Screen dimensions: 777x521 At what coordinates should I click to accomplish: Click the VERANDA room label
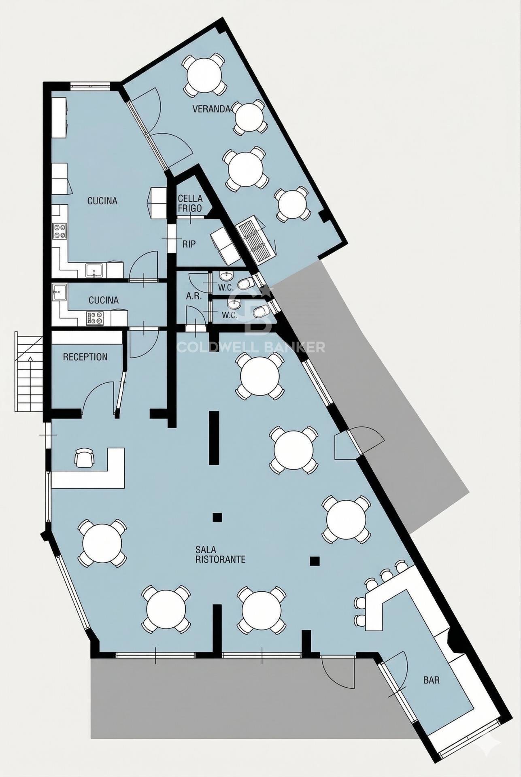(211, 109)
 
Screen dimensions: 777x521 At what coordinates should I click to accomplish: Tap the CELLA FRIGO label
(190, 203)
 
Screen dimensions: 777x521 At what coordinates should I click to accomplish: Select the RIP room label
(189, 244)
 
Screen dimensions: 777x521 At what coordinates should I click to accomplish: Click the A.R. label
(194, 296)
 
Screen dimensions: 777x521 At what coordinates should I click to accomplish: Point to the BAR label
(432, 680)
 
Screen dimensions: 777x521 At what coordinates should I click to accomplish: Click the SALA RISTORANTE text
(220, 554)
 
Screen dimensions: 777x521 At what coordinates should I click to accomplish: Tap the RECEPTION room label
(85, 357)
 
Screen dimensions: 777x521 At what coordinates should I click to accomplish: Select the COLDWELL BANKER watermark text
(251, 347)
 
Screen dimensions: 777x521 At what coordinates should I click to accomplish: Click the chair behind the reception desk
(85, 458)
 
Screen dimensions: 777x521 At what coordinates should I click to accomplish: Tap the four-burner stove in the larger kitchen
(60, 232)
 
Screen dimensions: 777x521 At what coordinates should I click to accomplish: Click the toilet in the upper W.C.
(245, 284)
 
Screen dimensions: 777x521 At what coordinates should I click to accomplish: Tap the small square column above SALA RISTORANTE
(217, 517)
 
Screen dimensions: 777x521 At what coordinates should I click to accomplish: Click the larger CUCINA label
(102, 201)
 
